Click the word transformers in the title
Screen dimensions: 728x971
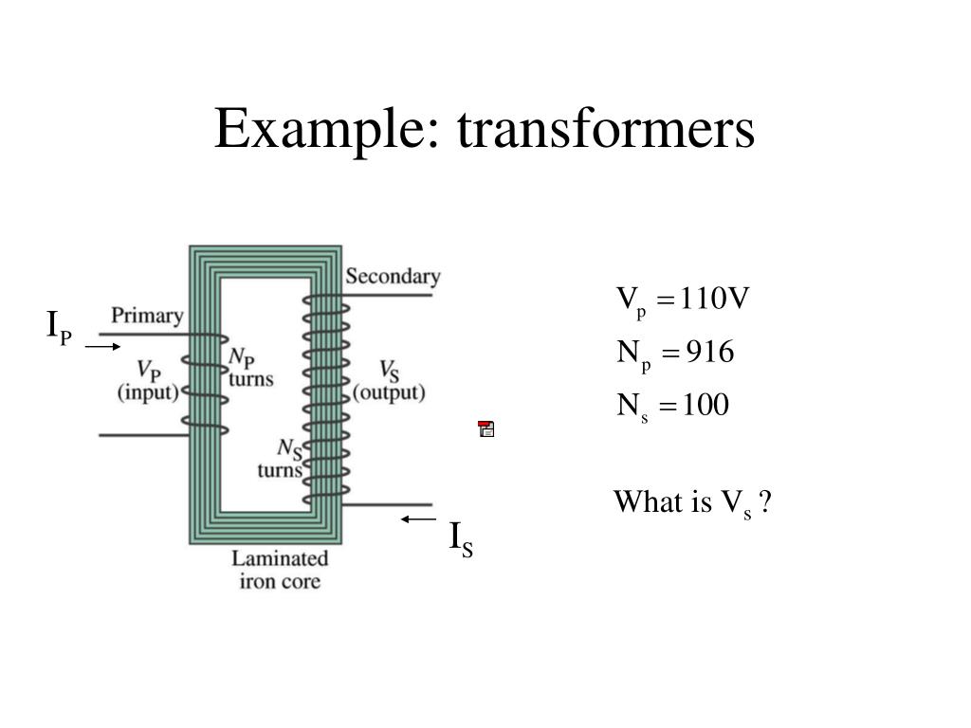click(606, 129)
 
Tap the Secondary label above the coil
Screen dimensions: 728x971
click(393, 277)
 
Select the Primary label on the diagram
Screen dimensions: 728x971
click(147, 316)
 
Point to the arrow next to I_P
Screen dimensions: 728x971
click(102, 347)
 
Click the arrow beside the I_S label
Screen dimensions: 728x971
click(417, 519)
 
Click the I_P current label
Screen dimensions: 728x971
click(60, 328)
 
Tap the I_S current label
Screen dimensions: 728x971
click(461, 539)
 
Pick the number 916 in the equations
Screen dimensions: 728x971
click(710, 354)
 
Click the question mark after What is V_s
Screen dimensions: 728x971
click(765, 502)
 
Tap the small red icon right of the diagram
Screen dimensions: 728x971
click(486, 429)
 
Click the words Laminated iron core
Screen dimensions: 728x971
click(280, 570)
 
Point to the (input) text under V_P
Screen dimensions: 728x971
click(148, 392)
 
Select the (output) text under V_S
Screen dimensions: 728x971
click(389, 392)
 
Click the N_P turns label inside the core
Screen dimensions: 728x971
click(250, 368)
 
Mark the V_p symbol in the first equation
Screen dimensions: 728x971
click(632, 302)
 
